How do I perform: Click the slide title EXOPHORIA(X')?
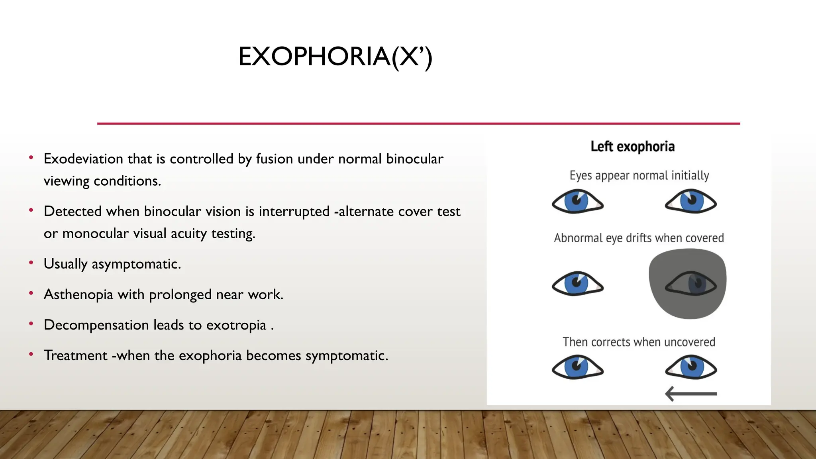coord(335,57)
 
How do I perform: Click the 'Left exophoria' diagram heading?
coord(632,147)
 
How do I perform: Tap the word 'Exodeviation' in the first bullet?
coord(83,159)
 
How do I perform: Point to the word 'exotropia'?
coord(236,325)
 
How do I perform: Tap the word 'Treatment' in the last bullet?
coord(76,355)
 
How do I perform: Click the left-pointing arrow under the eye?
coord(691,394)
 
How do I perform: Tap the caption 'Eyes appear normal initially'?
coord(639,176)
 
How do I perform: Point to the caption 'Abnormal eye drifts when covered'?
coord(639,238)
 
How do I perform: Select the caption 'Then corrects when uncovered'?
coord(639,342)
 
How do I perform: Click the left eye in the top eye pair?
coord(577,202)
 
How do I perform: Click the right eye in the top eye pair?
coord(690,202)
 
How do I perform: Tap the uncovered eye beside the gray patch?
coord(577,284)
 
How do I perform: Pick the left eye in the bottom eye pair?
coord(577,367)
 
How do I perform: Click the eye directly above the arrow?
coord(690,367)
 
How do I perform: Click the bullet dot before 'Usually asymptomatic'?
coord(31,263)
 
